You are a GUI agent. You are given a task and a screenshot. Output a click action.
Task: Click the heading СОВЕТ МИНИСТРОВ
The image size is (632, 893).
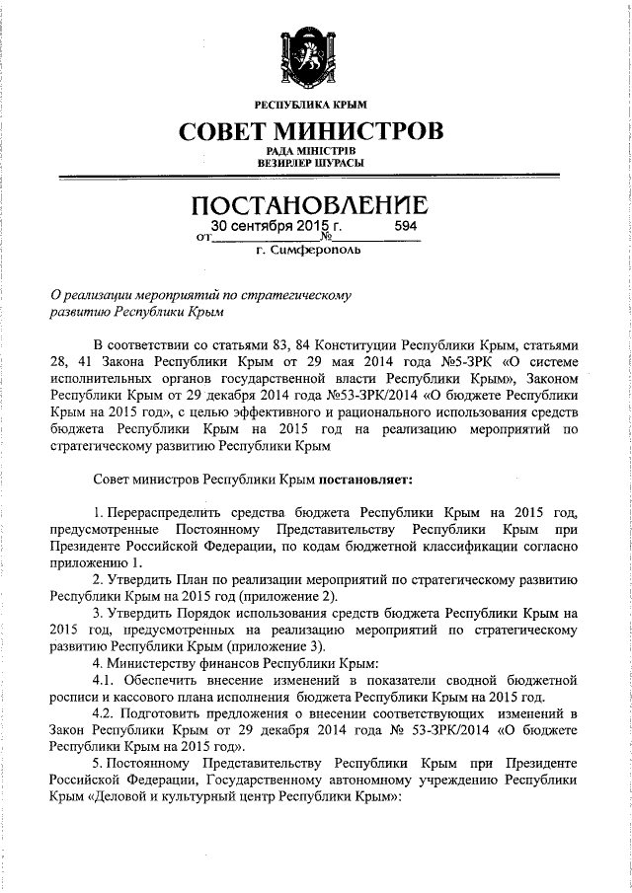[x=311, y=130]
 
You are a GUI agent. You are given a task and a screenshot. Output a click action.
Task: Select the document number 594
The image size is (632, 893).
[x=406, y=227]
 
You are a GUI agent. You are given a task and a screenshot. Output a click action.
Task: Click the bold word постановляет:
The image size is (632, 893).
[x=369, y=479]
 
